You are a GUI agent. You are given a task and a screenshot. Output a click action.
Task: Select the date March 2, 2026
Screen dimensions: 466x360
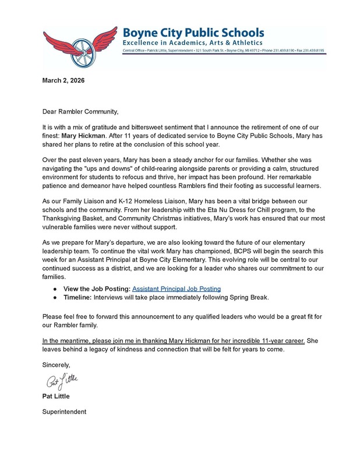point(63,80)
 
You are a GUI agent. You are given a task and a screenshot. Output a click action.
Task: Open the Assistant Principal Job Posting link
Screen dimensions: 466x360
point(177,288)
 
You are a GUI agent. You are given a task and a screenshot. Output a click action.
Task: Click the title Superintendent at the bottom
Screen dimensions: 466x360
point(64,411)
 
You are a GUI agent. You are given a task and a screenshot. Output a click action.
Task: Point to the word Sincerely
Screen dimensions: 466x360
point(56,365)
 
